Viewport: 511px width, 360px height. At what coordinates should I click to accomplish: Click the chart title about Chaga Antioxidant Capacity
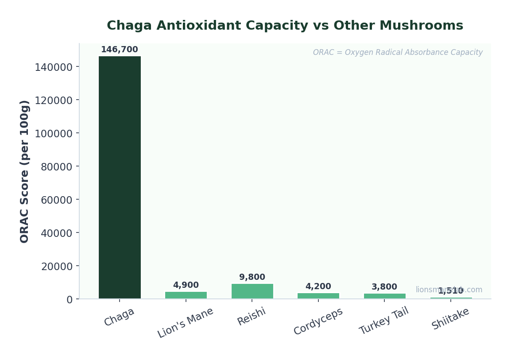click(x=285, y=26)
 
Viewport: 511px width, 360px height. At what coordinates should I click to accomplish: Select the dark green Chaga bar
click(x=120, y=177)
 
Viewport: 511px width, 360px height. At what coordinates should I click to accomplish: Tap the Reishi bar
click(x=252, y=291)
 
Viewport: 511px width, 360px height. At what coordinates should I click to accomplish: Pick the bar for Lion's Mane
click(x=186, y=295)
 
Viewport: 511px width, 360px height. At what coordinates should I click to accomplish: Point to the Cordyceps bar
click(x=318, y=296)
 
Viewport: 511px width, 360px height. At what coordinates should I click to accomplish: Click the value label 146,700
click(x=120, y=50)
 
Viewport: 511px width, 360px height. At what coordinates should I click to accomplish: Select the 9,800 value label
click(x=252, y=277)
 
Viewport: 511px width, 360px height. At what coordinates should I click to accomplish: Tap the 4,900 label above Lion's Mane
click(x=186, y=285)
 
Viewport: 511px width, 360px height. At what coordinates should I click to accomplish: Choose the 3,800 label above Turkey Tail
click(x=384, y=287)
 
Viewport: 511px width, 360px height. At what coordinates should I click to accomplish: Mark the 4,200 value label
click(x=318, y=286)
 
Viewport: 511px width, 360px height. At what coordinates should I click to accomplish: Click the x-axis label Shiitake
click(x=450, y=318)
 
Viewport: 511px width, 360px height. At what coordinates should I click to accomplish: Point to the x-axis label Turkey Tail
click(x=384, y=321)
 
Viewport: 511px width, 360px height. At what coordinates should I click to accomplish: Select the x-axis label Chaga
click(x=119, y=317)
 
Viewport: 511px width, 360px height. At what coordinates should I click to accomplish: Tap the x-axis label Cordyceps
click(x=318, y=321)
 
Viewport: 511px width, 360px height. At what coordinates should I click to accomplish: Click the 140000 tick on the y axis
click(x=54, y=67)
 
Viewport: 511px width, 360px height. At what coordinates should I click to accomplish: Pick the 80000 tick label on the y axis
click(x=56, y=166)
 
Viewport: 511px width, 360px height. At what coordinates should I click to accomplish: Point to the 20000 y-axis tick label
click(x=56, y=266)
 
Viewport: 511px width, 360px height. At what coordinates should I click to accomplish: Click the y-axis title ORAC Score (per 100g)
click(x=25, y=171)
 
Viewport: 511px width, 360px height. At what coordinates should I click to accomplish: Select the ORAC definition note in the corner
click(x=398, y=53)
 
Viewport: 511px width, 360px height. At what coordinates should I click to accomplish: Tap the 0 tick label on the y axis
click(x=69, y=299)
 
